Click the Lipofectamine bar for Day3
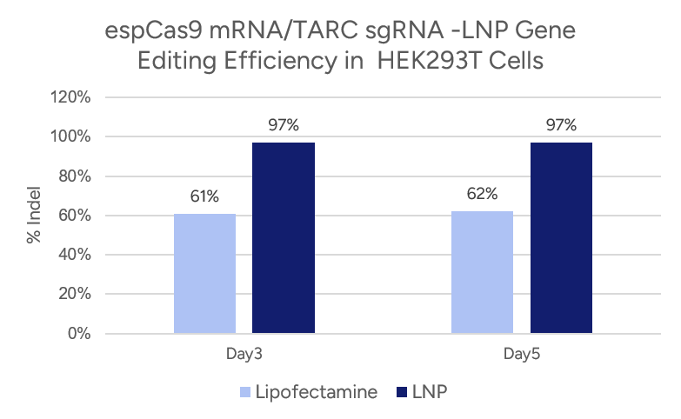tap(204, 273)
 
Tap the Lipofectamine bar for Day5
tap(483, 272)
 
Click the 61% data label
tap(204, 196)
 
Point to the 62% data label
tap(483, 195)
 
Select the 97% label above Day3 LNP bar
tap(283, 125)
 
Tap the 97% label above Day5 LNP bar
tap(561, 125)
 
